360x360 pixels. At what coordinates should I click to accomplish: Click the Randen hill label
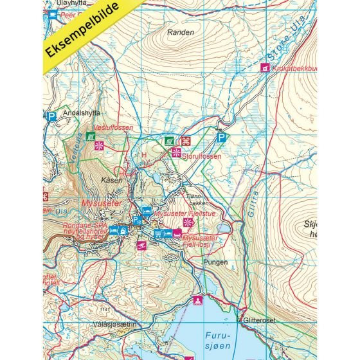point(180,32)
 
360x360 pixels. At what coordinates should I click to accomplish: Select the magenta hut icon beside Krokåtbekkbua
point(264,67)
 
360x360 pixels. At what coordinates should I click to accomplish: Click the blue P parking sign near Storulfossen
point(222,138)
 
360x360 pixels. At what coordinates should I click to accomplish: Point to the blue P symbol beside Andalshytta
point(51,116)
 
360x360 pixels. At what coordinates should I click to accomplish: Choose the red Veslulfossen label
point(113,128)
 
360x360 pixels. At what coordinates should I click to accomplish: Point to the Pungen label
point(215,262)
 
